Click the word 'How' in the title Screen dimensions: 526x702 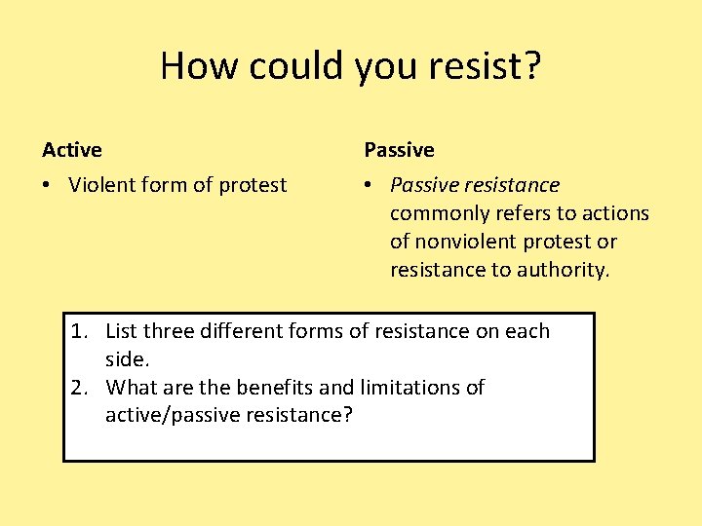click(x=199, y=66)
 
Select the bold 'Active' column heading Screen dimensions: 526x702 click(x=72, y=150)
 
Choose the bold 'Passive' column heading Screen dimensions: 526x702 click(x=399, y=150)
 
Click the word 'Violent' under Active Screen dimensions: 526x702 click(x=101, y=185)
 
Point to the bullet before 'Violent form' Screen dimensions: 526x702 click(x=48, y=185)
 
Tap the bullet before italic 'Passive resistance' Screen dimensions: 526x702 click(x=370, y=185)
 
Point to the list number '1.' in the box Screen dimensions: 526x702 click(x=81, y=332)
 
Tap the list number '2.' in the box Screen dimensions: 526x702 click(x=81, y=388)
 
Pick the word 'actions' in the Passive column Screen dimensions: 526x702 click(x=615, y=213)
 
